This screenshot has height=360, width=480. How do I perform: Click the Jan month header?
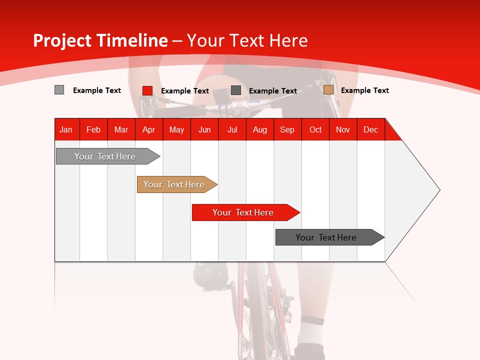tap(66, 129)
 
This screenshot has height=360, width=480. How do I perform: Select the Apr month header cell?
tap(149, 129)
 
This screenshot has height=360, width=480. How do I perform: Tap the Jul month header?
tap(232, 129)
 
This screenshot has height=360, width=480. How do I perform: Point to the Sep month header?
tap(287, 129)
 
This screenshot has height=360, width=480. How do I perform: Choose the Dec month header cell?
tap(370, 129)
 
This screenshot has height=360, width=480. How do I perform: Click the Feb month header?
tap(93, 129)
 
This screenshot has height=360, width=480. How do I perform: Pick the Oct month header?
tap(315, 129)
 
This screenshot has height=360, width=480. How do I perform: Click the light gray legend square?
tap(59, 90)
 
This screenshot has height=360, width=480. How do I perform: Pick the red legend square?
tap(147, 90)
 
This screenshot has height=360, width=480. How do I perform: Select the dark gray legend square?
tap(236, 90)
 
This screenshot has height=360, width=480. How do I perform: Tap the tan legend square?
tap(328, 90)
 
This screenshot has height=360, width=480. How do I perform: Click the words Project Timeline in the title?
tap(100, 40)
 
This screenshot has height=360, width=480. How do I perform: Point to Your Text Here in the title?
tap(247, 40)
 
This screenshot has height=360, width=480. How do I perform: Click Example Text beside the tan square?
tap(364, 90)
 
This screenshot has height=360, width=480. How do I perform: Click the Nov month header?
tap(343, 129)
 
